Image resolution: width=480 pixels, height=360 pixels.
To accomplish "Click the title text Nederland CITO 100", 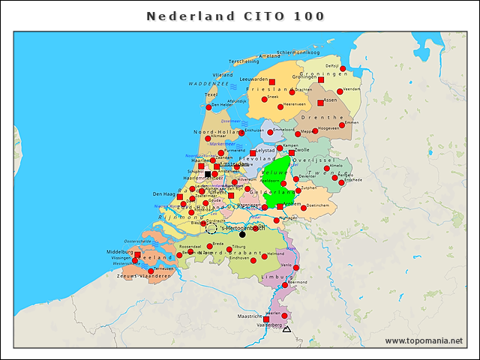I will (x=235, y=16).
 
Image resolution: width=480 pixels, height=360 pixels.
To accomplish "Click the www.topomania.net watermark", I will (x=424, y=340).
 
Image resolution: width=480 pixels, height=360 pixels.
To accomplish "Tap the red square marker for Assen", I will (x=320, y=103).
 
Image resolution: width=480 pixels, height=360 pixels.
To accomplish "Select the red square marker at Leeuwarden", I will (x=271, y=82).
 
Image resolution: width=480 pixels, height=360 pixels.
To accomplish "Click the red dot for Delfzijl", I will (x=343, y=68).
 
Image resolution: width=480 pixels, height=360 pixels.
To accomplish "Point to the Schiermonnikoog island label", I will (x=298, y=52).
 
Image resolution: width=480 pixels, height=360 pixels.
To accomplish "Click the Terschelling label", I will (x=244, y=61).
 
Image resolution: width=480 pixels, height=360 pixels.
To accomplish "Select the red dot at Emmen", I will (x=341, y=125).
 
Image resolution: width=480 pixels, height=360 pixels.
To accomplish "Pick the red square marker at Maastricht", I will (x=265, y=319).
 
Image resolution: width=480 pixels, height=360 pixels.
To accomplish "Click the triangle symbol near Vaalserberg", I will (x=286, y=328).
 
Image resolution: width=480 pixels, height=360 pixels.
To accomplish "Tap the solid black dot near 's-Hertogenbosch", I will (x=241, y=234).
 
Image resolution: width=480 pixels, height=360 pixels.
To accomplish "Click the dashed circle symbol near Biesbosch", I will (x=211, y=228).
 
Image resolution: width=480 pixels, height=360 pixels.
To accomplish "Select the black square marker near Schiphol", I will (x=208, y=174).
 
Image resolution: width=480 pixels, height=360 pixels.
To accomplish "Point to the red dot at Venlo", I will (x=295, y=268).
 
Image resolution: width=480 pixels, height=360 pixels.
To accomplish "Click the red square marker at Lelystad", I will (x=253, y=153).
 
